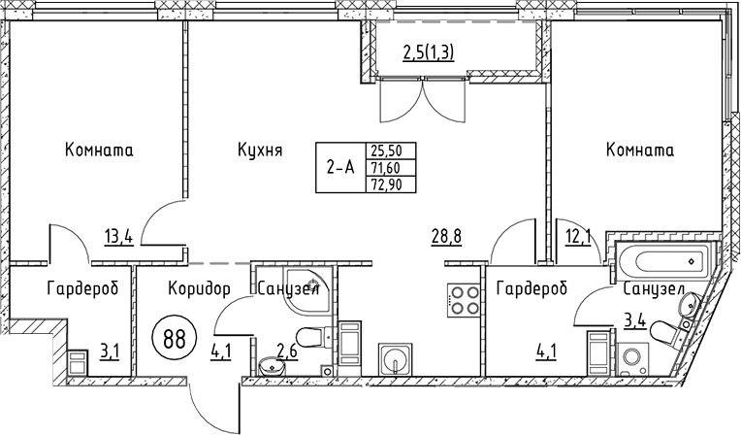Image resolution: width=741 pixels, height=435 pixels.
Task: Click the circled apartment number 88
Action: pos(175,341)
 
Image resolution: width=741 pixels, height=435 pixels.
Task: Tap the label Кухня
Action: pos(259,151)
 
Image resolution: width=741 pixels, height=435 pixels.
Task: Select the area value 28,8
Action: pos(447,234)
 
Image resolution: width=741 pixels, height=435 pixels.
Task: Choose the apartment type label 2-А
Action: pos(339,167)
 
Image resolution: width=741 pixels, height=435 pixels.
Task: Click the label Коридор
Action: pos(199,288)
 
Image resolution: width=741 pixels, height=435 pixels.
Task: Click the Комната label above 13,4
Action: pos(99,151)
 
